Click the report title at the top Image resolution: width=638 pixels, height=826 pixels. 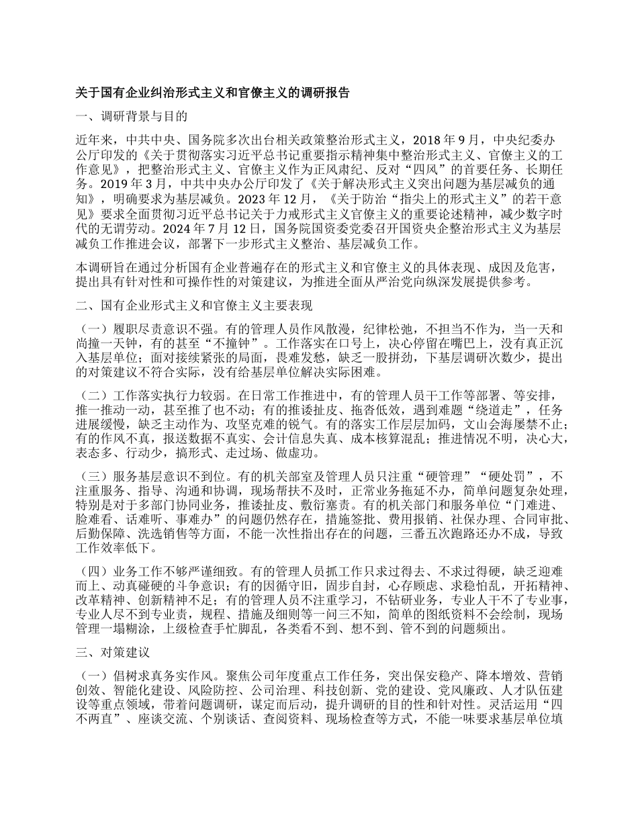(x=213, y=93)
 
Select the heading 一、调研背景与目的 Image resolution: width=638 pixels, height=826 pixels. (x=131, y=116)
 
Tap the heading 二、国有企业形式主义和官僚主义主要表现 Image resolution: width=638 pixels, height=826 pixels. (x=195, y=307)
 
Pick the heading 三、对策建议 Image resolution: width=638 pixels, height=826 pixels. (x=112, y=652)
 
